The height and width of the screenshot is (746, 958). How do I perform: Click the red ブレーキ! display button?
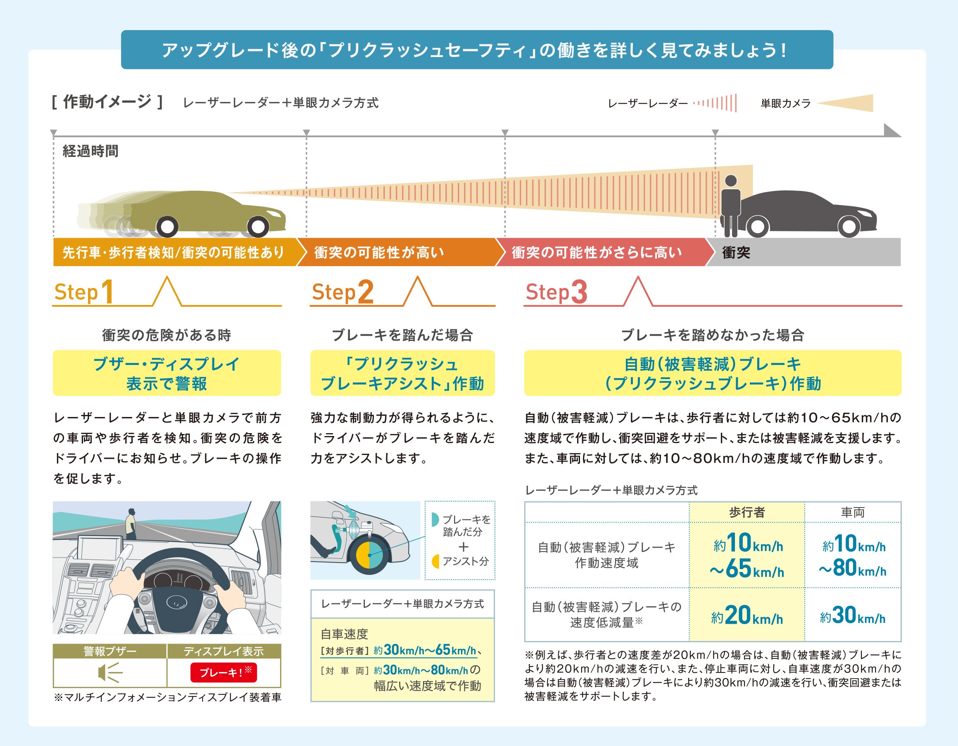223,672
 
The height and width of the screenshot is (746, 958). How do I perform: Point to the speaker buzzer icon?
109,672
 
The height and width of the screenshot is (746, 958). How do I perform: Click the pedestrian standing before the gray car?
730,206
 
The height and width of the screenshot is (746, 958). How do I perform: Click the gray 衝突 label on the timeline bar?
736,253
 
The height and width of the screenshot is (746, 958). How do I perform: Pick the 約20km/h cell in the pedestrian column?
746,615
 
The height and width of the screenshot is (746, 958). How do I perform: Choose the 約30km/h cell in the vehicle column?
853,615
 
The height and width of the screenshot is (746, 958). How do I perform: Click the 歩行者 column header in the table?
746,512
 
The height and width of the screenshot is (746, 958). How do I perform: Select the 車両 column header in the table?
853,512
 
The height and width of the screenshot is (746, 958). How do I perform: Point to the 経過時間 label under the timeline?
90,151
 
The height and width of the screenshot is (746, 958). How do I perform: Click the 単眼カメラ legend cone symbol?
844,103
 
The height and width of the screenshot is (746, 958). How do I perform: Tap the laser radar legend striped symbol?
715,103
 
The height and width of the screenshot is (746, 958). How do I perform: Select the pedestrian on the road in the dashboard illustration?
131,524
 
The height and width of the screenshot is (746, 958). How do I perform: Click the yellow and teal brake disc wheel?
369,555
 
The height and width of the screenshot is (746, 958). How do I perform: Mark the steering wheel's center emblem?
176,604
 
